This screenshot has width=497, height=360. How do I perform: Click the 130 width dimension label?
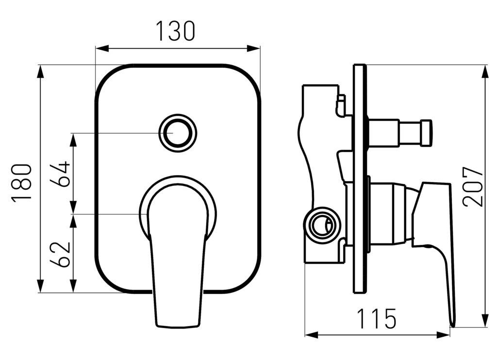pos(176,31)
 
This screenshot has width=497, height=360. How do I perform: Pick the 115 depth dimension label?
pos(377,318)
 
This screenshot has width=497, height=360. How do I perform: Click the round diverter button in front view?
pos(178,132)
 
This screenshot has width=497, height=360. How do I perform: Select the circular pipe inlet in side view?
pos(321,226)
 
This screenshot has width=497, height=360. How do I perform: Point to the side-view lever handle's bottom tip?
pos(454,326)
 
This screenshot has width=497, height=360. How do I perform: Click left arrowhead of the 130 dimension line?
pos(102,49)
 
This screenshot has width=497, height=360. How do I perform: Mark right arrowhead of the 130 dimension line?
pos(253,49)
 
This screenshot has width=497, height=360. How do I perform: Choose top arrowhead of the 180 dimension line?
pos(40,72)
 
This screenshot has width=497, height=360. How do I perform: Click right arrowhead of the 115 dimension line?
pos(443,335)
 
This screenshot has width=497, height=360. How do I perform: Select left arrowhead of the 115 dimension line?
pos(311,335)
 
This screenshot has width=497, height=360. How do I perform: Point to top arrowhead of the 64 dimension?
pos(74,139)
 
